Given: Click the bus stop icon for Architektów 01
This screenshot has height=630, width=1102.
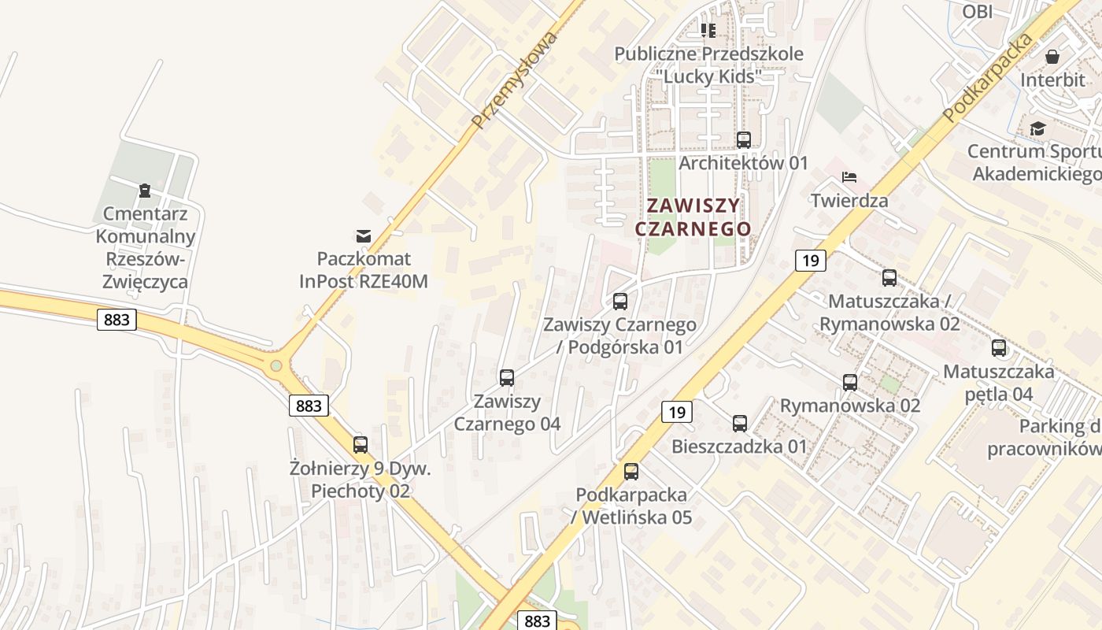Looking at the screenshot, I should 744,140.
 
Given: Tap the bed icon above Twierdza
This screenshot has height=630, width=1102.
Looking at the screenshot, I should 849,176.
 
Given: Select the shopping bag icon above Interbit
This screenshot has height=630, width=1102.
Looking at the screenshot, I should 1052,57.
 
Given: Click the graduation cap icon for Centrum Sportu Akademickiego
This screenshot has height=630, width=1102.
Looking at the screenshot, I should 1037,128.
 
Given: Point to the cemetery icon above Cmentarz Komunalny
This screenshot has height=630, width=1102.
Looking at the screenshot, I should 145,191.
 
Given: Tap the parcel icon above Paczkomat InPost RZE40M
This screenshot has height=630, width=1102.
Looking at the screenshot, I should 363,235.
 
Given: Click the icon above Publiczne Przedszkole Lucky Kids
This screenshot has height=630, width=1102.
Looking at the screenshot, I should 708,31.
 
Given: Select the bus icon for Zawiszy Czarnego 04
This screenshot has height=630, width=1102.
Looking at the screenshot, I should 507,378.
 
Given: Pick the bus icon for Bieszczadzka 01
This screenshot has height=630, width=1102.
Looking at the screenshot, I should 740,424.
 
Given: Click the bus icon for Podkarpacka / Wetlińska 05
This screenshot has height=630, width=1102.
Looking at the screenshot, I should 631,472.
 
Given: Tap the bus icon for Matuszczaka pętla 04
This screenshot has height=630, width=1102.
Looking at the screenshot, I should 999,348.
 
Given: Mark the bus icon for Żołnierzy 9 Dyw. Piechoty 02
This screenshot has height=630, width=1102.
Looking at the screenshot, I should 361,445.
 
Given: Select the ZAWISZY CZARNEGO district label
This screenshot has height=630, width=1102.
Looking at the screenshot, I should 693,217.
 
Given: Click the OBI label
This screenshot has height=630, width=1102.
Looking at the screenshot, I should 978,11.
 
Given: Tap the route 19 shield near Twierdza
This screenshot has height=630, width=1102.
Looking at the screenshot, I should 810,260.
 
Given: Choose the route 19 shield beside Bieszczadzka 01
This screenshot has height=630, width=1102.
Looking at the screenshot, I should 676,411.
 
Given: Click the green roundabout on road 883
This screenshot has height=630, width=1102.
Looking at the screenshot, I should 275,365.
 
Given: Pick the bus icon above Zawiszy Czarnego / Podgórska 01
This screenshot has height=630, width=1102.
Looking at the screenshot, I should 620,301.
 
